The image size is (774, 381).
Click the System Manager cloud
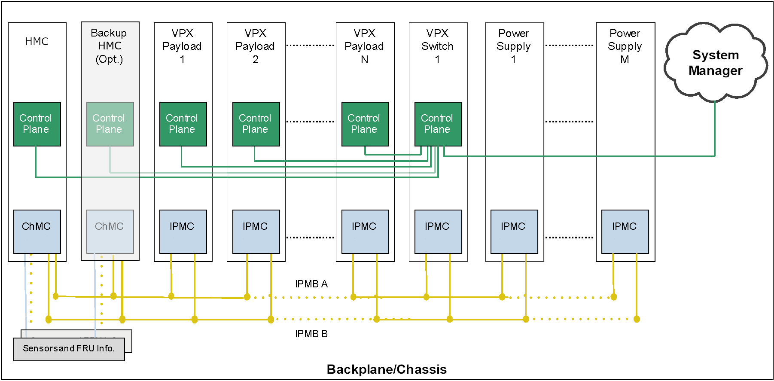click(715, 63)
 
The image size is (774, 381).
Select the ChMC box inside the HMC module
click(37, 232)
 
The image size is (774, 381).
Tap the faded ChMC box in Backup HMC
click(110, 232)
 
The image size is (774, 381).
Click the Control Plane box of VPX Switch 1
click(438, 124)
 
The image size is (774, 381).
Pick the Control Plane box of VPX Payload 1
click(183, 124)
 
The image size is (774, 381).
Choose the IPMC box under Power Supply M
click(625, 232)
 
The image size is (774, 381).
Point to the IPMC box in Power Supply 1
click(514, 232)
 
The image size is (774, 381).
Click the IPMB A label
click(311, 284)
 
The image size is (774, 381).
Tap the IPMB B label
click(311, 334)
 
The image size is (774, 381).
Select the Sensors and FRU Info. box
click(69, 349)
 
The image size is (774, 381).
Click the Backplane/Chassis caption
click(387, 369)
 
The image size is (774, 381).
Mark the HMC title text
click(37, 42)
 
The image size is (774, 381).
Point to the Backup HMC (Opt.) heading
click(110, 46)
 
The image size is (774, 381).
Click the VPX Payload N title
click(364, 46)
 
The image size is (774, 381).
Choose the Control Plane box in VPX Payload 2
click(256, 124)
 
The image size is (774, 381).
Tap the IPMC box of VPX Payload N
click(365, 232)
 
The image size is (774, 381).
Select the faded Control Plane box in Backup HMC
click(110, 124)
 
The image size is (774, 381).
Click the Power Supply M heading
click(625, 46)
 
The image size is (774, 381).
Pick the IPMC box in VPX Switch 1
click(438, 232)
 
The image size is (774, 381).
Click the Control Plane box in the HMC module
click(37, 124)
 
